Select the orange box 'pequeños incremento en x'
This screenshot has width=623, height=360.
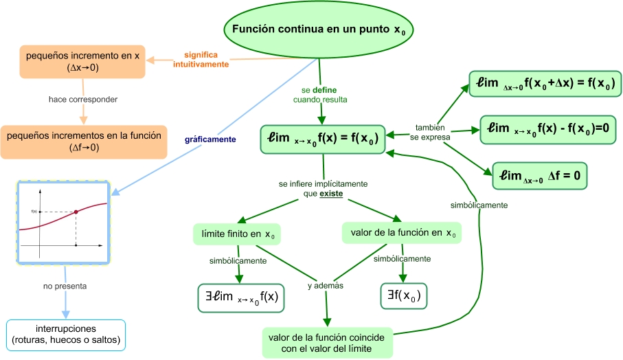pyautogui.click(x=83, y=62)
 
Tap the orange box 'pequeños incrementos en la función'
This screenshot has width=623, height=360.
pyautogui.click(x=84, y=141)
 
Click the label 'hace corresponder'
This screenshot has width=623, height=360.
pyautogui.click(x=83, y=100)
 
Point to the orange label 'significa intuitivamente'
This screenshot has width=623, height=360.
pyautogui.click(x=201, y=59)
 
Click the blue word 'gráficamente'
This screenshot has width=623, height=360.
pyautogui.click(x=210, y=139)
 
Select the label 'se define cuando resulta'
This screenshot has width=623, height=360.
pyautogui.click(x=320, y=95)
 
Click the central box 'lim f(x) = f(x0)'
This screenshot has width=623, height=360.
pyautogui.click(x=320, y=139)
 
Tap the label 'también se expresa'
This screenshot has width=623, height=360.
pyautogui.click(x=430, y=133)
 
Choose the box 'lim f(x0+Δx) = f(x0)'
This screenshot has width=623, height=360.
pyautogui.click(x=545, y=85)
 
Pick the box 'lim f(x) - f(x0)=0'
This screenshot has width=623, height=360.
pyautogui.click(x=547, y=128)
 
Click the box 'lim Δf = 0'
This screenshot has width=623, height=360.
pyautogui.click(x=540, y=175)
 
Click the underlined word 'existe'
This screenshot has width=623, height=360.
pyautogui.click(x=331, y=194)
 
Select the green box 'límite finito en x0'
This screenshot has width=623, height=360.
pyautogui.click(x=238, y=234)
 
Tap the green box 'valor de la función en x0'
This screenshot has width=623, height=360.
pyautogui.click(x=402, y=233)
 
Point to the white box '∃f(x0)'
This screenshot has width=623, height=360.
pyautogui.click(x=403, y=296)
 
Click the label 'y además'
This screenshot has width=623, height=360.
pyautogui.click(x=325, y=285)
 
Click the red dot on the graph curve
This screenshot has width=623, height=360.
pyautogui.click(x=76, y=212)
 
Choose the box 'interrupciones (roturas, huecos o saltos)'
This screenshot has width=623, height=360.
pyautogui.click(x=66, y=335)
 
